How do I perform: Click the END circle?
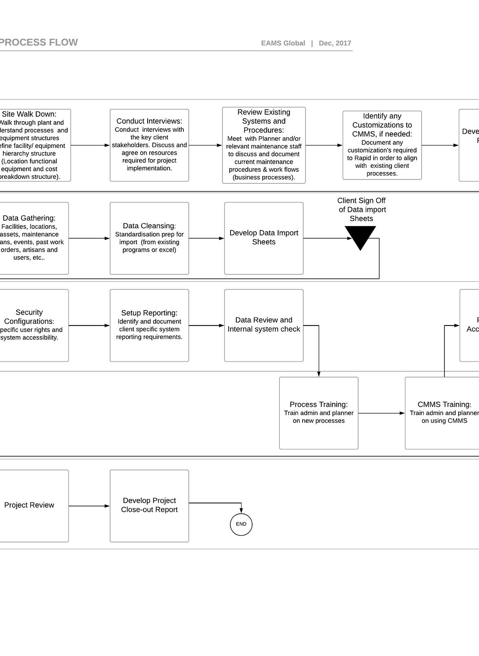click(x=241, y=524)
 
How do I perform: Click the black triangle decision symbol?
click(x=360, y=237)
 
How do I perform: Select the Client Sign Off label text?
click(x=361, y=209)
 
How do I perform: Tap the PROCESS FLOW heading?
click(x=39, y=42)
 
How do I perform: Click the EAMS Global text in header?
click(x=283, y=43)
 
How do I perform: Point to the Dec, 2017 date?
click(x=335, y=43)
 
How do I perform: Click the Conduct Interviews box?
click(x=149, y=145)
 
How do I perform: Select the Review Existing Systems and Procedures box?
click(x=264, y=145)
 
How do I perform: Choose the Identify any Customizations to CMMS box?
click(x=382, y=145)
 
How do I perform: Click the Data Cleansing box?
click(x=149, y=238)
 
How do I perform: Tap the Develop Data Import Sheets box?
click(x=264, y=238)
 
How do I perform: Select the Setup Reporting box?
click(x=149, y=325)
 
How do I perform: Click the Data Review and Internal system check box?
click(x=264, y=325)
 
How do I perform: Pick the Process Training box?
click(x=319, y=413)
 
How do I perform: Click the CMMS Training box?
click(x=443, y=413)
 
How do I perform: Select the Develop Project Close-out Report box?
click(x=149, y=506)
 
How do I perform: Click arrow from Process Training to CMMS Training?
click(x=381, y=413)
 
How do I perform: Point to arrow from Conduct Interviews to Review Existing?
click(x=205, y=145)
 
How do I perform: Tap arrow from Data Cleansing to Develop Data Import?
click(x=207, y=238)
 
